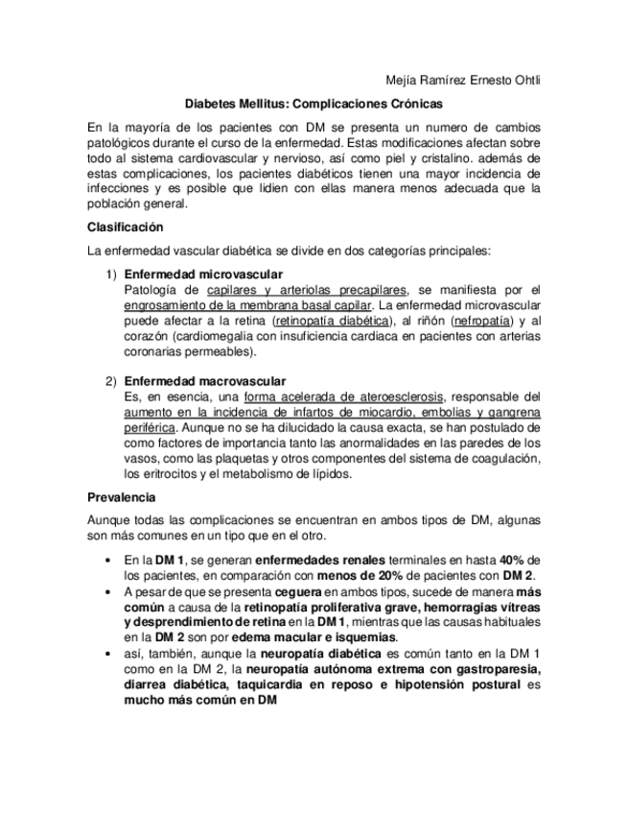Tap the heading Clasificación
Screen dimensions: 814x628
pyautogui.click(x=125, y=227)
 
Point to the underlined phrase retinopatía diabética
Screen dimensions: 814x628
pyautogui.click(x=333, y=320)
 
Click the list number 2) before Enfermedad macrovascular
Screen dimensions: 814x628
pyautogui.click(x=111, y=381)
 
